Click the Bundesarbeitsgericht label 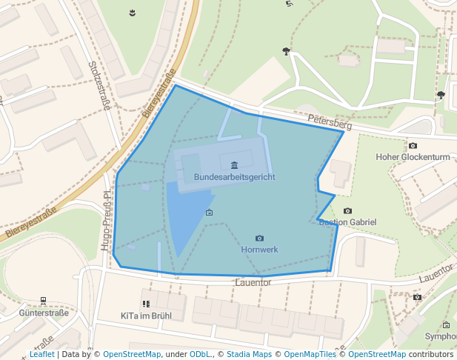click(234, 177)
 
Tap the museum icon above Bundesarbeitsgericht click(234, 164)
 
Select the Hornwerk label click(259, 250)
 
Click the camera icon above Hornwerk click(259, 238)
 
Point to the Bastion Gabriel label click(348, 222)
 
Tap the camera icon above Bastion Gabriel click(348, 211)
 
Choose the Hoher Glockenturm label click(413, 157)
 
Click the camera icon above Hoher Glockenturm click(413, 145)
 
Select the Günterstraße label click(44, 313)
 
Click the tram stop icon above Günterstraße click(44, 301)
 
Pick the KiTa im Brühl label click(146, 316)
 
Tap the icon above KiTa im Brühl click(146, 304)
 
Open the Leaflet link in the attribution click(42, 354)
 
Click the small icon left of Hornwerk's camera click(209, 213)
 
